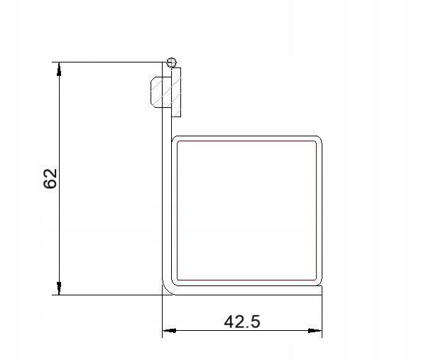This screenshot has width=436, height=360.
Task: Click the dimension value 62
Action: pos(50,179)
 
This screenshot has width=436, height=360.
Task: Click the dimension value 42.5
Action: pos(242,322)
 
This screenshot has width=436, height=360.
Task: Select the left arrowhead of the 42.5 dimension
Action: pos(170,331)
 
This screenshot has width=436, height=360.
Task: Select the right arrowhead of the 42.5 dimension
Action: pos(317,331)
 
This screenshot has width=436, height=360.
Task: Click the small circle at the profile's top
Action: pos(170,62)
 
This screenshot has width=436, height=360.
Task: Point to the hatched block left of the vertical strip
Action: pos(160,92)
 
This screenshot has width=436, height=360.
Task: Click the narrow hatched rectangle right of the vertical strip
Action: pos(177,92)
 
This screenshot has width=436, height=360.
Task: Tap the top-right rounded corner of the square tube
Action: pos(317,140)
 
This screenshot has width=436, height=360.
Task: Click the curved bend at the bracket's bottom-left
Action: pos(167,287)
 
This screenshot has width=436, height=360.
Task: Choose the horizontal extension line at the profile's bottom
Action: pos(107,294)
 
